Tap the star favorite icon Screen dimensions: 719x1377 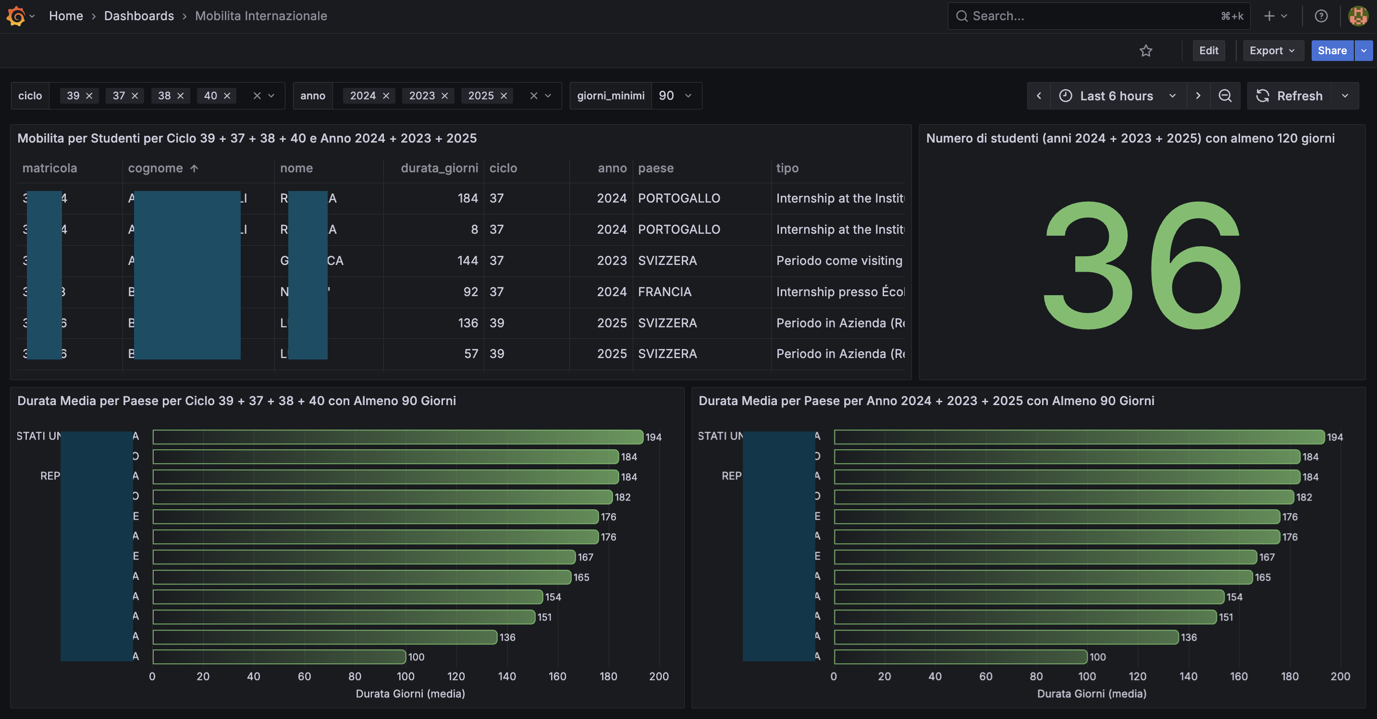[x=1145, y=51]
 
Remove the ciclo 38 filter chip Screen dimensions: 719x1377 [x=181, y=96]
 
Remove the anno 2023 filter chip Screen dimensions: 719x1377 [x=445, y=96]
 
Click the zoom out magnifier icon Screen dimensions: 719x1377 [x=1225, y=96]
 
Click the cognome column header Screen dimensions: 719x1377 [x=156, y=168]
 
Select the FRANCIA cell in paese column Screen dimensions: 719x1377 [x=664, y=292]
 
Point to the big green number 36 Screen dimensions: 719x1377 [x=1142, y=265]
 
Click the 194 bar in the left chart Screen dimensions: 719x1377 [x=397, y=437]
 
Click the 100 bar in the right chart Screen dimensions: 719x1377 [x=960, y=657]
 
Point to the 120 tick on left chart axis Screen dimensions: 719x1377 [x=456, y=676]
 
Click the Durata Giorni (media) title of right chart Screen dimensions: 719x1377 [x=1092, y=694]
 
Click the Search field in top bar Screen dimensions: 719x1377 [x=1091, y=16]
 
